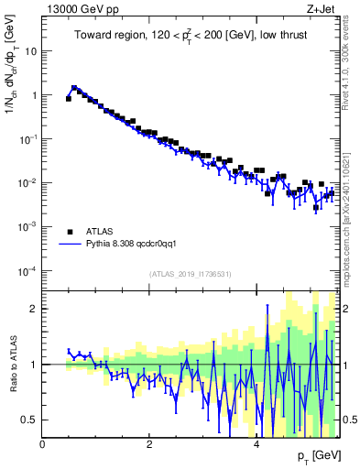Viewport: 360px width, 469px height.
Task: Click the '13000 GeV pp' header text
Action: [77, 9]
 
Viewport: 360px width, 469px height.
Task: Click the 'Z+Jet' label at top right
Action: [323, 9]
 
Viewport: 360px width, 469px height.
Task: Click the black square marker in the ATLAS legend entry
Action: [69, 232]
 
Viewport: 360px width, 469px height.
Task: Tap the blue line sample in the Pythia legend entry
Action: [69, 245]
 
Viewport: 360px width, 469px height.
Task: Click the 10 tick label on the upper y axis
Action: [30, 51]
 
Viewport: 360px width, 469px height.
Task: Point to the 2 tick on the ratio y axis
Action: [34, 309]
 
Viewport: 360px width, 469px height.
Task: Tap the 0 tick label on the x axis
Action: [43, 444]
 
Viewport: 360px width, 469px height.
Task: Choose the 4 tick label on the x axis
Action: [256, 444]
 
